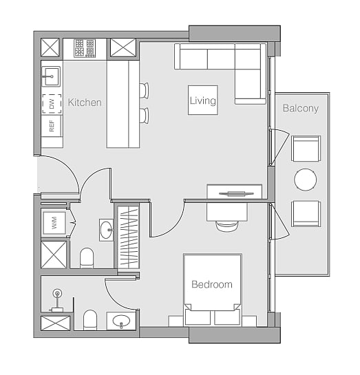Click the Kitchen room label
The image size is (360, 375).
click(85, 103)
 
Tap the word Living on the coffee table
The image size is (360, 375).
click(203, 100)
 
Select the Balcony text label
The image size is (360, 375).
click(301, 108)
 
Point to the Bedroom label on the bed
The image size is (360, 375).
click(212, 284)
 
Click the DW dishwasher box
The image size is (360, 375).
click(52, 104)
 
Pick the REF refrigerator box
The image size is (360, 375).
click(52, 126)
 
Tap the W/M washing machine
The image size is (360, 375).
click(54, 223)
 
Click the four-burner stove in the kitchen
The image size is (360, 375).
click(85, 48)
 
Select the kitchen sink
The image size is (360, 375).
click(51, 76)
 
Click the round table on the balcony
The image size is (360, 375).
click(305, 180)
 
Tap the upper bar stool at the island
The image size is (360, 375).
click(145, 90)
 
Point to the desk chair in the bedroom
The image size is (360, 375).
click(227, 226)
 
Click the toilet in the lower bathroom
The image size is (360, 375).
click(90, 320)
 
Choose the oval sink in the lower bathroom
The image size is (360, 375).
click(121, 321)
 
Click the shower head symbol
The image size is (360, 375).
click(57, 293)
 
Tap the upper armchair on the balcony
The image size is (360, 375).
click(306, 149)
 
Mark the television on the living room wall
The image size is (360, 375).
click(236, 194)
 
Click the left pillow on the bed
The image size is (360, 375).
click(198, 318)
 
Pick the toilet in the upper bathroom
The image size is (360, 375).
click(87, 258)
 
